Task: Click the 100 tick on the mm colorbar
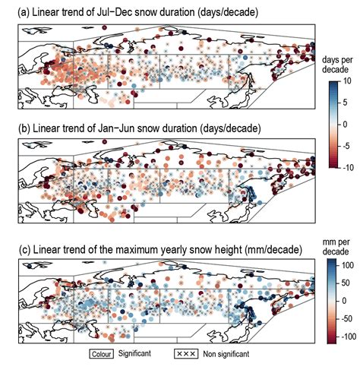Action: click(x=346, y=266)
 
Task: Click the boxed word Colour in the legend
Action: click(x=102, y=353)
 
